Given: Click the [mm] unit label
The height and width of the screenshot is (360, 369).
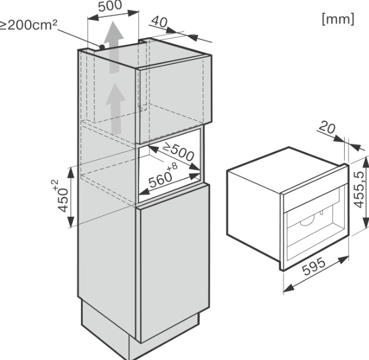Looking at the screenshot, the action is (x=338, y=19).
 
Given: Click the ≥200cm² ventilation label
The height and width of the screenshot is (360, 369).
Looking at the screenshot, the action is (x=28, y=25).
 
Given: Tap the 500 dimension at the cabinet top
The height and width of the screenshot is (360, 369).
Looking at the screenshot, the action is (x=110, y=6).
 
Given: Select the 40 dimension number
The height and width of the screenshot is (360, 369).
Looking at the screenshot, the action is (x=159, y=22).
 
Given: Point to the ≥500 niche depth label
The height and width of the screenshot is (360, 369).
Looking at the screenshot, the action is (x=178, y=152).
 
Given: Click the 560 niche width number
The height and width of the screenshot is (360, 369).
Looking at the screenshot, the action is (x=160, y=180).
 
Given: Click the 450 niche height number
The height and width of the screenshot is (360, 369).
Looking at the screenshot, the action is (x=63, y=200).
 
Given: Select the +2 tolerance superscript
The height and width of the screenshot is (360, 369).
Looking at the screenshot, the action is (x=55, y=184).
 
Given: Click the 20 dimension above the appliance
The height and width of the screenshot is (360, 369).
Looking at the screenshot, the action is (x=327, y=128).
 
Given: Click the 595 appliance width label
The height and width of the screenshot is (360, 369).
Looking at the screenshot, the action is (x=314, y=266).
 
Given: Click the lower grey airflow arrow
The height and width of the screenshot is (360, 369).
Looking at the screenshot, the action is (x=115, y=109).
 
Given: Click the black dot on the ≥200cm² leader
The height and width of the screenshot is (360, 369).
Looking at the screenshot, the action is (x=102, y=47).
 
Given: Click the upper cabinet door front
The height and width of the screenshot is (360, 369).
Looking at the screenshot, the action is (x=174, y=100).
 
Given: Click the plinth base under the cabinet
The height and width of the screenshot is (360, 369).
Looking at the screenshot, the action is (x=141, y=334).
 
